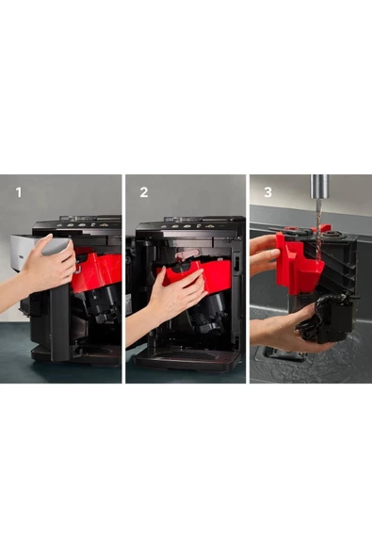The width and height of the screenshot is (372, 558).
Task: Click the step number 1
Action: [x=19, y=192]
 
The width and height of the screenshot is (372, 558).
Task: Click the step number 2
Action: [x=144, y=192]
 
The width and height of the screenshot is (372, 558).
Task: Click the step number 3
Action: [x=267, y=192]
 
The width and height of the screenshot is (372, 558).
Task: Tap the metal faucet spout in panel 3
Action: [x=319, y=187]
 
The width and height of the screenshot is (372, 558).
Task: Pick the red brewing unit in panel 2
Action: [x=199, y=273]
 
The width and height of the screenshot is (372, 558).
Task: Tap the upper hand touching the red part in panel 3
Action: [x=264, y=254]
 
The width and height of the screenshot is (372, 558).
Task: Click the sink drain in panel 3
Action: [x=284, y=352]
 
